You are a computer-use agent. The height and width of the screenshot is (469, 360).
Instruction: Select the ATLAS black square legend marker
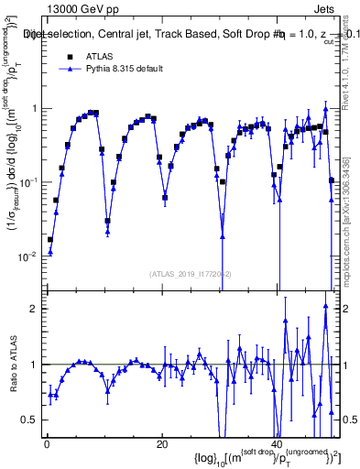(68, 55)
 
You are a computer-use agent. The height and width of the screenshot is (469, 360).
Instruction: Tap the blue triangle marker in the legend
(68, 70)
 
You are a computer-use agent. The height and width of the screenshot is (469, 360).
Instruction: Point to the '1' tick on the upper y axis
(35, 108)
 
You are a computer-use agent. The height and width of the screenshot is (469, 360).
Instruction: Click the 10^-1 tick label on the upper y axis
(29, 182)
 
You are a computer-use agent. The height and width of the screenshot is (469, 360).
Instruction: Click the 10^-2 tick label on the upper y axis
(29, 256)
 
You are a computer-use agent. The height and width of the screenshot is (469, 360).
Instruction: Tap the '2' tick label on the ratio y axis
(35, 309)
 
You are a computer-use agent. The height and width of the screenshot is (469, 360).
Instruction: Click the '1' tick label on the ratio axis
(35, 365)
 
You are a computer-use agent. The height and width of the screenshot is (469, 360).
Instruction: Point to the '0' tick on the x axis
(46, 443)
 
